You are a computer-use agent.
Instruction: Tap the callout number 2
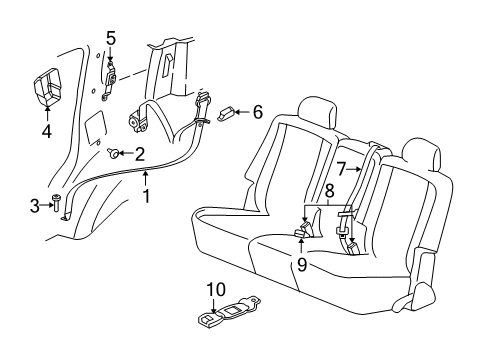140,153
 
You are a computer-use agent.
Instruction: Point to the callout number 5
111,38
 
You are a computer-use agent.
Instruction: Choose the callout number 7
341,167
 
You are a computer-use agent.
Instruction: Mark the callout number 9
301,265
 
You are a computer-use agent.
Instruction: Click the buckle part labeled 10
228,316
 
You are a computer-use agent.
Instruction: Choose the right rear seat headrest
421,151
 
